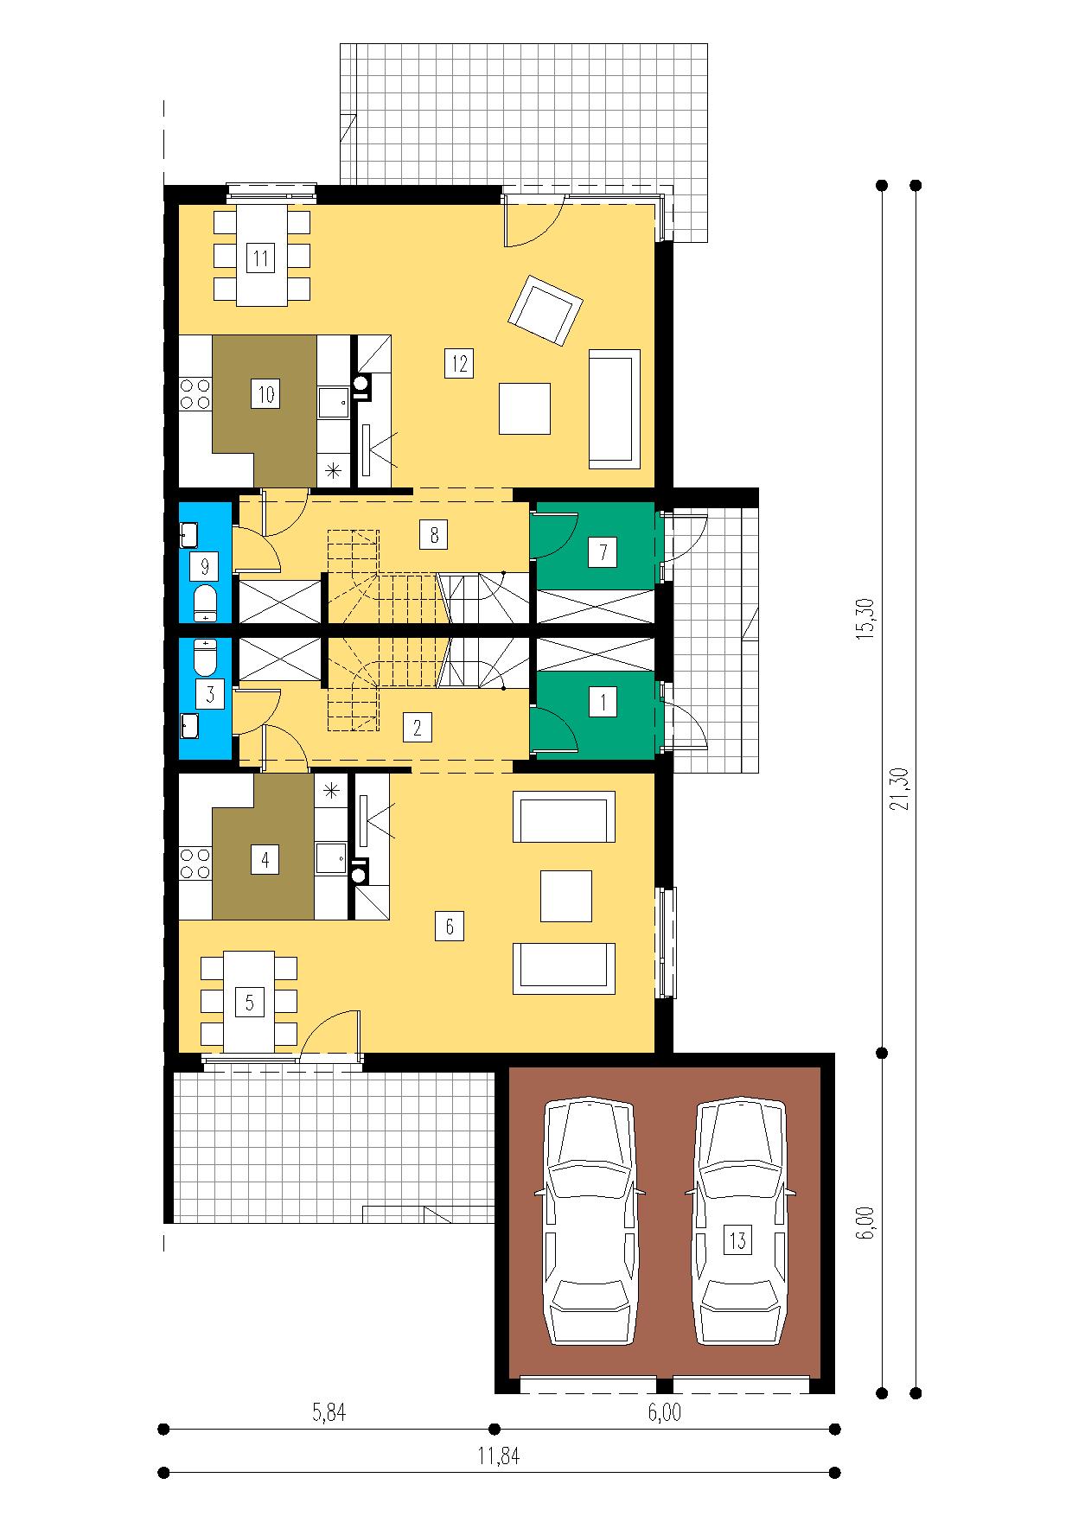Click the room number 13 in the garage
click(737, 1241)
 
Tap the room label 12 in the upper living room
click(459, 364)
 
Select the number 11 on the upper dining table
click(260, 258)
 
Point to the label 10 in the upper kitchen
click(265, 395)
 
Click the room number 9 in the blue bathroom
click(204, 568)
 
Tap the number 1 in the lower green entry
click(602, 703)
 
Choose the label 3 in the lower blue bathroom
click(208, 694)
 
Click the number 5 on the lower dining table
click(250, 1003)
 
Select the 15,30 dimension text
click(869, 618)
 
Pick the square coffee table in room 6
click(566, 896)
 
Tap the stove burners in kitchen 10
click(196, 394)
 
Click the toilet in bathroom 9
click(206, 603)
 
